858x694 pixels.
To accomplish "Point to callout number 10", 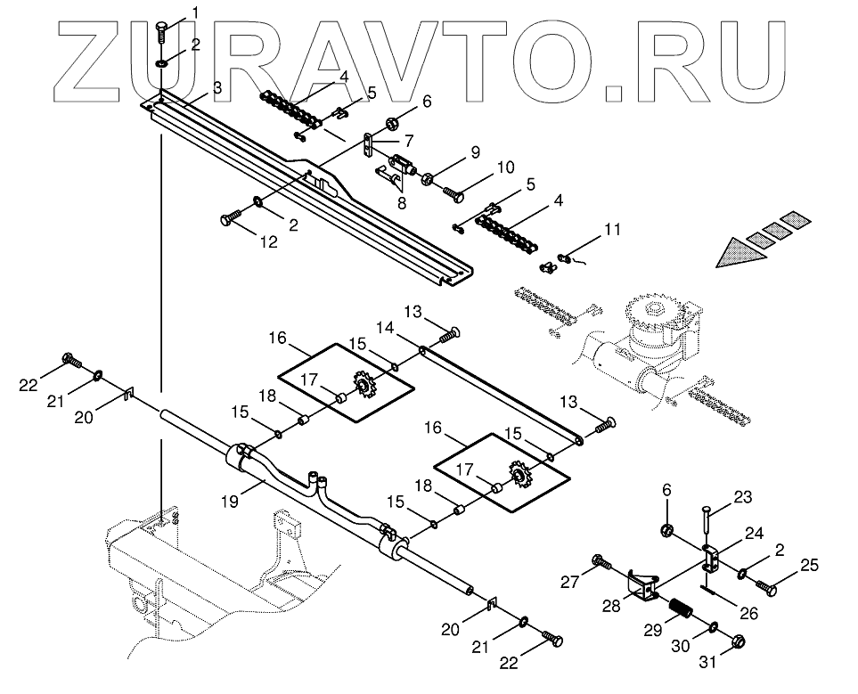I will tap(506, 167).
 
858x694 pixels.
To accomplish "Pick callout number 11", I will tap(610, 230).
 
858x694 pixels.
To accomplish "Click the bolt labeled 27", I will tap(600, 563).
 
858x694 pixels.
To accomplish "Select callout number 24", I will tap(755, 534).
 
